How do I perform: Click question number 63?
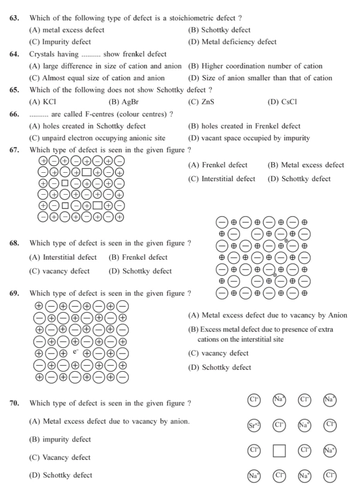click(x=14, y=18)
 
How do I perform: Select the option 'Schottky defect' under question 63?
click(x=219, y=30)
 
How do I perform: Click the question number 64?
click(x=14, y=54)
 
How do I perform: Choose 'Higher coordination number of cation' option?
click(x=255, y=66)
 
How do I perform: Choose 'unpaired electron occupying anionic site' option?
click(x=97, y=138)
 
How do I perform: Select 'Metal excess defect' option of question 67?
click(x=305, y=165)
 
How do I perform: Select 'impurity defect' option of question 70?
click(x=60, y=439)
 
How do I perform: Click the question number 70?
click(x=14, y=403)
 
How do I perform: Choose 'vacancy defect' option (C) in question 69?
click(x=218, y=353)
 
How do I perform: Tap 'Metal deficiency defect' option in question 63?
click(x=232, y=42)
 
